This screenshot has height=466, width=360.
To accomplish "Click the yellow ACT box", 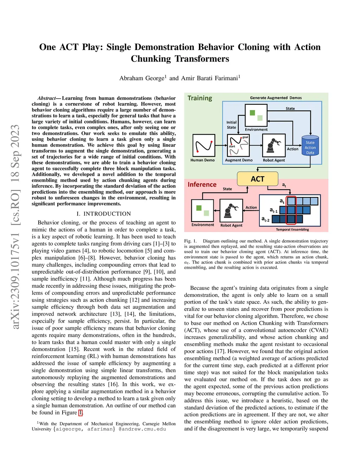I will [257, 179].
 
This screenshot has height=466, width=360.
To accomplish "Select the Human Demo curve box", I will [204, 145].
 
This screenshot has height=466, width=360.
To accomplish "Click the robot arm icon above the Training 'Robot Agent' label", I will [274, 145].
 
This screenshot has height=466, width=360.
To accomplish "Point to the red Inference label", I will [202, 184].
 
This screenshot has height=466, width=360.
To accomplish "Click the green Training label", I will [200, 98].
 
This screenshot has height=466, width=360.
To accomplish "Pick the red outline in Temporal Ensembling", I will [291, 210].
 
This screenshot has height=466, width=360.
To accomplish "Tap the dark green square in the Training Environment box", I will [252, 113].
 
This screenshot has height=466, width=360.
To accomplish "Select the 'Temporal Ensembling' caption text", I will [292, 230].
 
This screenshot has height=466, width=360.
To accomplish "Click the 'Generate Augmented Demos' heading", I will [276, 98].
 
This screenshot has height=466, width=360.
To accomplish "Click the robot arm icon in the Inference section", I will [231, 210].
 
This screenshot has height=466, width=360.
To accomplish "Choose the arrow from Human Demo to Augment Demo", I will [220, 145].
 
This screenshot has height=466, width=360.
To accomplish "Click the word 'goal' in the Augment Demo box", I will [245, 137].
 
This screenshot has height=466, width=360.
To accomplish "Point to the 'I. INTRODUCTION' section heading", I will [103, 214].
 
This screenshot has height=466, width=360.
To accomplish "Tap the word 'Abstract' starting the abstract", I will [46, 98].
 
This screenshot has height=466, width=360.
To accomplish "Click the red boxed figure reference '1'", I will [81, 413].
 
